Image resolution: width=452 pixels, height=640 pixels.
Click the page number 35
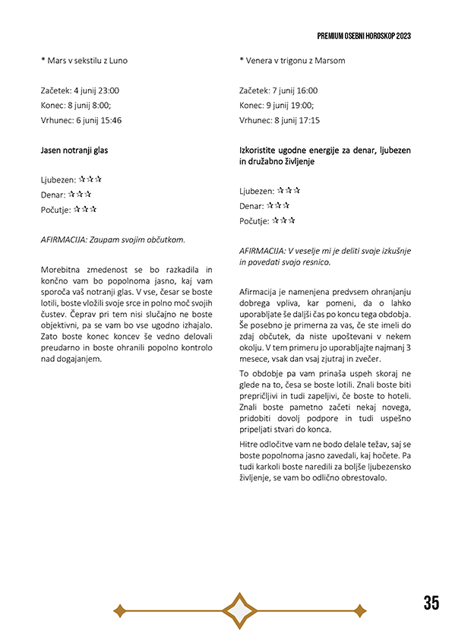(431, 604)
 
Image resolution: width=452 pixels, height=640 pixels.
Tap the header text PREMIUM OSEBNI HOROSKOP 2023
(375, 36)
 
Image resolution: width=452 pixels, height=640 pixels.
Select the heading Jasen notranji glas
(74, 150)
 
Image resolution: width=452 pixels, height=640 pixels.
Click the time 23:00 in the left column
(106, 90)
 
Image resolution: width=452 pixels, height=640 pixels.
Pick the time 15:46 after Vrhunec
(108, 120)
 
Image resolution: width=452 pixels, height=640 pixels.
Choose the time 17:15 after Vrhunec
(306, 120)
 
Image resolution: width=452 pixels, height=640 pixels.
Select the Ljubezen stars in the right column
(289, 190)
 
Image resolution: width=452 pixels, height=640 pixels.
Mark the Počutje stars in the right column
(283, 220)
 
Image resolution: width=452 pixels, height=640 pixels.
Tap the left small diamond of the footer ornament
(119, 610)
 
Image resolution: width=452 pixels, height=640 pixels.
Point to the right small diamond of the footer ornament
(360, 610)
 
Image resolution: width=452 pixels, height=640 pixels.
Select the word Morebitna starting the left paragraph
(63, 270)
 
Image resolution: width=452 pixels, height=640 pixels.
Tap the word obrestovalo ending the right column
(363, 478)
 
